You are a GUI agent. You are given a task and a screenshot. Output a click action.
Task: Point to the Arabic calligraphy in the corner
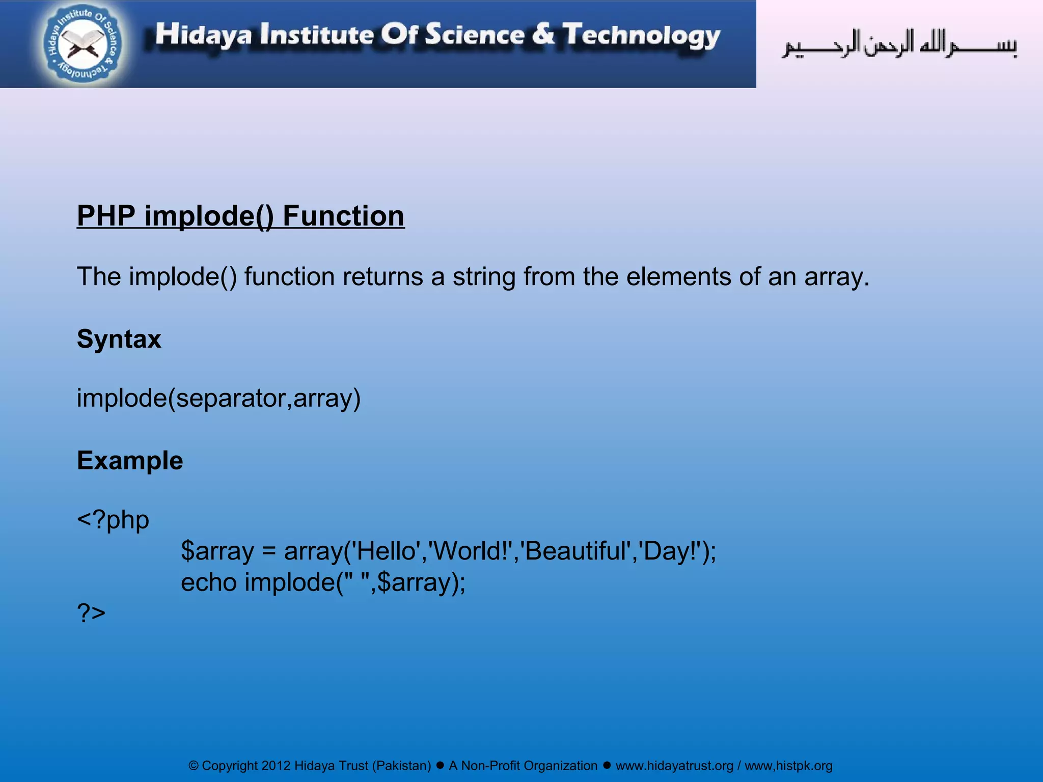(899, 45)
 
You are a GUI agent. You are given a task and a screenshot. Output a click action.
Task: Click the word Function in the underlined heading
(343, 216)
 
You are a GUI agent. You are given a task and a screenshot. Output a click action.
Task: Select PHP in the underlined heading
(106, 216)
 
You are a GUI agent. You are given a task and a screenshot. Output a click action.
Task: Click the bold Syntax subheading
(119, 339)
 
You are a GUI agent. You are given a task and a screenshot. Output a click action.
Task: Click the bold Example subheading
(130, 461)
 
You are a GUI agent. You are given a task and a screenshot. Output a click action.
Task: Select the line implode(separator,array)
(218, 398)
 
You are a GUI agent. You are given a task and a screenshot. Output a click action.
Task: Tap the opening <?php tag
(113, 520)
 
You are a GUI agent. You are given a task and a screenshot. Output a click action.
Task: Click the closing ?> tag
(91, 612)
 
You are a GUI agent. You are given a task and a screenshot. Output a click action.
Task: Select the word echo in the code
(208, 582)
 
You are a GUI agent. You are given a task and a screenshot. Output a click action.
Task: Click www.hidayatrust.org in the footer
(674, 766)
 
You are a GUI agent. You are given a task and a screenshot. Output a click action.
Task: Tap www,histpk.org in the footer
(788, 766)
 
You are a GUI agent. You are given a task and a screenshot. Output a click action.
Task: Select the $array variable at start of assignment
(217, 551)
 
